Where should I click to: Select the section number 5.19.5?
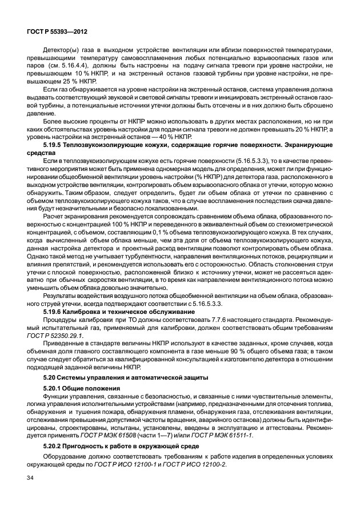point(55,146)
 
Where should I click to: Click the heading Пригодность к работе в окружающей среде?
point(125,448)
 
